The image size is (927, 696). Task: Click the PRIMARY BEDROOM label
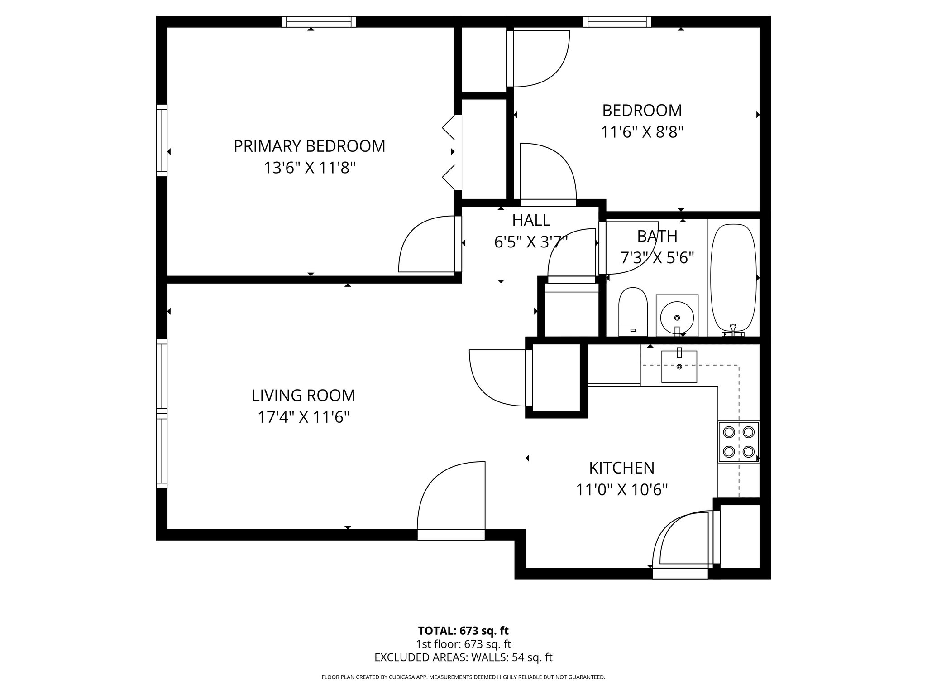(x=309, y=146)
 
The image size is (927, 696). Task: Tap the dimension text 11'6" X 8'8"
(x=641, y=132)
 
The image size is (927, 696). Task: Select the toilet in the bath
(x=633, y=311)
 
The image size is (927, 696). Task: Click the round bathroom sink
(x=677, y=316)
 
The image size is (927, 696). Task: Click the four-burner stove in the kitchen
(x=738, y=442)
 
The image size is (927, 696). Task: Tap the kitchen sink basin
(x=679, y=366)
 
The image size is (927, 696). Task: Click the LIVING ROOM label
(x=303, y=396)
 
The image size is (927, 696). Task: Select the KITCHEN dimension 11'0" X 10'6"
(x=621, y=490)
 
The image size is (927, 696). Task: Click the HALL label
(x=531, y=220)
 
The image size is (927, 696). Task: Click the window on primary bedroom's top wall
(x=319, y=22)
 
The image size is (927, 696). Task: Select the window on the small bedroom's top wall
(x=617, y=22)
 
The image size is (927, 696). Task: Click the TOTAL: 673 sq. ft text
(x=463, y=631)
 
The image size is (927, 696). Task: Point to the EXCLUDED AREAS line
(x=463, y=657)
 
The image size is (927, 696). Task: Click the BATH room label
(x=657, y=237)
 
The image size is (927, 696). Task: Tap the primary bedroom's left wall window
(x=162, y=140)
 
